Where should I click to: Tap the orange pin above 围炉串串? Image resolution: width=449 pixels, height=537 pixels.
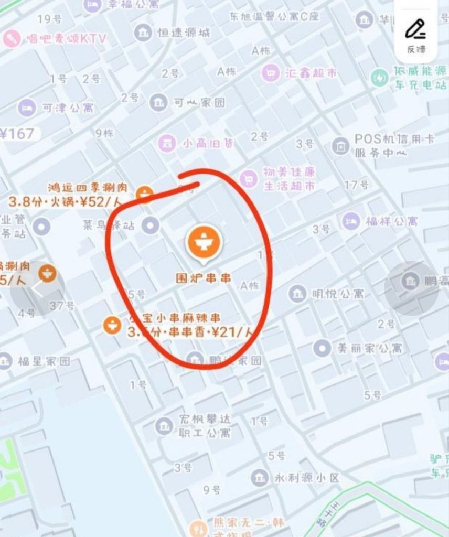pyautogui.click(x=204, y=242)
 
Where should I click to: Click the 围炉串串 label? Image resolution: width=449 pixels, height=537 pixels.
pyautogui.click(x=203, y=278)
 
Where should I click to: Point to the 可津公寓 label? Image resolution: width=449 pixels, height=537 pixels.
pyautogui.click(x=68, y=108)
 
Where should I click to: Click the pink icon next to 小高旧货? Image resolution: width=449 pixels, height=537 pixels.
pyautogui.click(x=167, y=143)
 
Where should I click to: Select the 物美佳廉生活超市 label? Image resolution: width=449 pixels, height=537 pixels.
pyautogui.click(x=289, y=179)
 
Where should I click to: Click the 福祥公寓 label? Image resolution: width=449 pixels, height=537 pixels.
pyautogui.click(x=392, y=221)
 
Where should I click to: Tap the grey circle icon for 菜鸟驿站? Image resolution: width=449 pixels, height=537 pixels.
pyautogui.click(x=151, y=225)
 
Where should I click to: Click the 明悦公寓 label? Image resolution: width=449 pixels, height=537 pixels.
pyautogui.click(x=337, y=293)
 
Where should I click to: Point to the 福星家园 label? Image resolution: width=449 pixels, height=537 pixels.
pyautogui.click(x=44, y=361)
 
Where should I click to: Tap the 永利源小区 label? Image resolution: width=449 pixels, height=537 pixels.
pyautogui.click(x=307, y=478)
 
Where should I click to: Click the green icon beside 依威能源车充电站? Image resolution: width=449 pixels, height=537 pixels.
pyautogui.click(x=379, y=78)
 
